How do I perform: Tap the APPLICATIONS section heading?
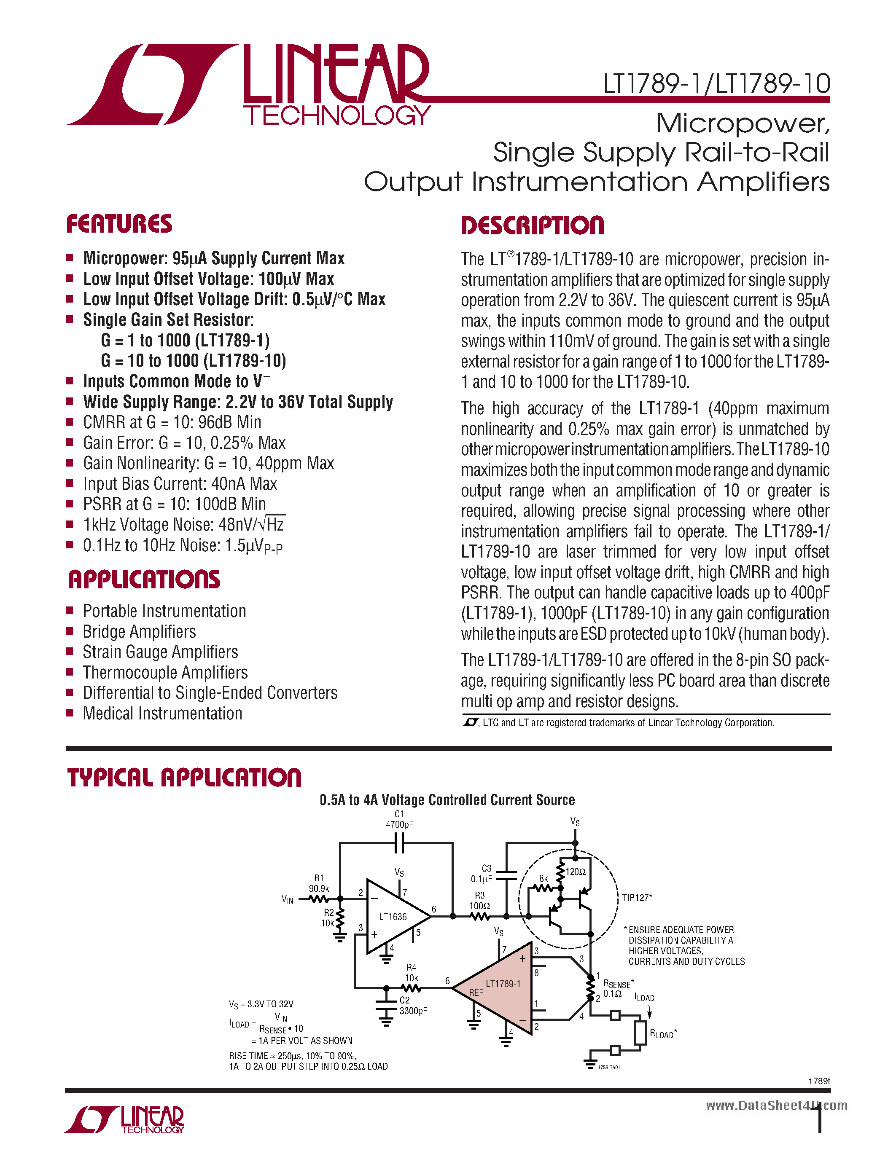click(x=143, y=579)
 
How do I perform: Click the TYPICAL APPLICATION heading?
click(x=184, y=778)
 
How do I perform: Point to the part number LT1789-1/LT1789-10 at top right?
click(x=716, y=84)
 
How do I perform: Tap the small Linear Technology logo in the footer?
click(x=124, y=1120)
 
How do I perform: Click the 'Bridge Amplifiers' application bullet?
click(x=139, y=631)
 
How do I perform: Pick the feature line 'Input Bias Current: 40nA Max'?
click(x=180, y=483)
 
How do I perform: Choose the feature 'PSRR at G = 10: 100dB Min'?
click(x=174, y=504)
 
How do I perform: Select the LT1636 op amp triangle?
click(x=393, y=917)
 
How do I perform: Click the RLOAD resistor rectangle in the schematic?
click(x=640, y=1033)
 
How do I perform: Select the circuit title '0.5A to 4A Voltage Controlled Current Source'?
click(x=447, y=800)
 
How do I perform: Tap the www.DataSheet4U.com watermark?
click(x=776, y=1105)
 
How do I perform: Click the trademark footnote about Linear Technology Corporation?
click(x=619, y=723)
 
